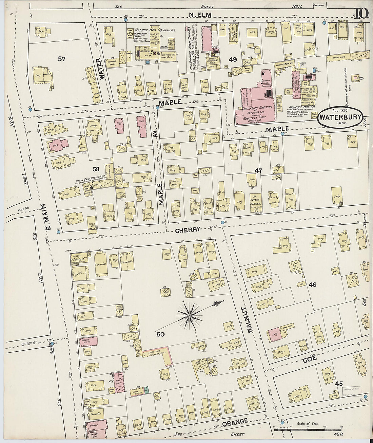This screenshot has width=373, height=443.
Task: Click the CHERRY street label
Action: (187, 230)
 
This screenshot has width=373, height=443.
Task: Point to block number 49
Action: (233, 60)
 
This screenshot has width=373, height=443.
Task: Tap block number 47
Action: (259, 171)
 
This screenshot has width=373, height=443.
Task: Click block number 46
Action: (312, 284)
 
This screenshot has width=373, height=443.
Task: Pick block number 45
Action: (338, 384)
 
